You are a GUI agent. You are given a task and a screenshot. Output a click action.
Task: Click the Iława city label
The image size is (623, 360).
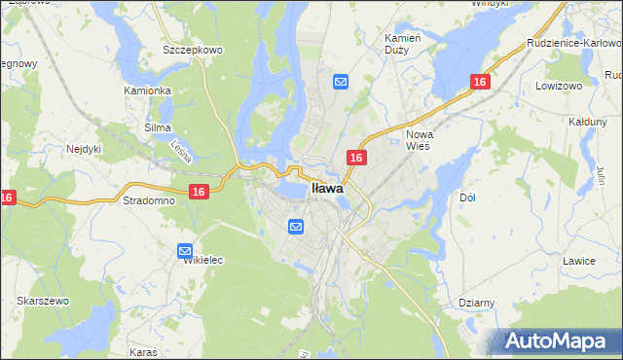(x=326, y=189)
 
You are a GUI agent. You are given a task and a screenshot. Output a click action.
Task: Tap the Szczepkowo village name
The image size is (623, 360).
(x=193, y=50)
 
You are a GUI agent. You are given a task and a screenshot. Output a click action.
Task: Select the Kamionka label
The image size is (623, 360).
(x=148, y=90)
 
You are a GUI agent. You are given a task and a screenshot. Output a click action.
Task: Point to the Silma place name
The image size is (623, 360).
(x=158, y=127)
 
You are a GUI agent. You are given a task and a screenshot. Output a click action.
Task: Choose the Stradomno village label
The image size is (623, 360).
(x=149, y=200)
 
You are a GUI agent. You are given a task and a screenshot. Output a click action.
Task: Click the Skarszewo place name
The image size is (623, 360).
(x=42, y=302)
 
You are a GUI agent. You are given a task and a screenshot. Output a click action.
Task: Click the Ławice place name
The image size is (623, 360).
(x=578, y=261)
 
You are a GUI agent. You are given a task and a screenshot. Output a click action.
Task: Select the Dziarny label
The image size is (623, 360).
(x=477, y=303)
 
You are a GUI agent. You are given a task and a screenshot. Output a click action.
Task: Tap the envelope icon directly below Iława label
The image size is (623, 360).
(x=296, y=227)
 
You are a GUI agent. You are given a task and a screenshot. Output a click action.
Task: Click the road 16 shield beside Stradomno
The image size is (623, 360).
(x=199, y=193)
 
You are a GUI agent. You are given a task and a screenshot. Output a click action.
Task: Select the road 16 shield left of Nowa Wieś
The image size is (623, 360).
(x=357, y=158)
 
